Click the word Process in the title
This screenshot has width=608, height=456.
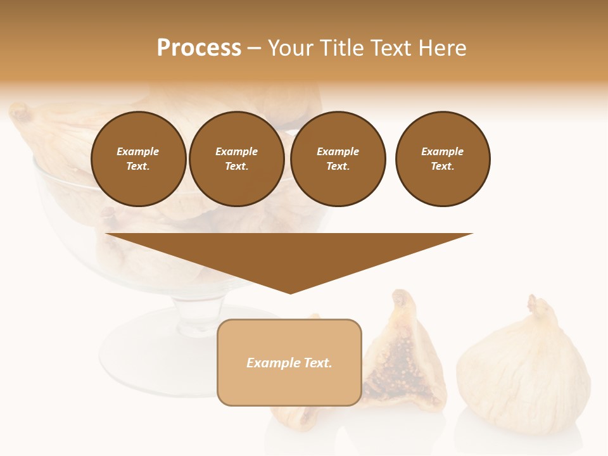click(199, 48)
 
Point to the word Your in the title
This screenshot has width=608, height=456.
click(292, 48)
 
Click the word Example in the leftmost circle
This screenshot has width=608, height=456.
click(138, 151)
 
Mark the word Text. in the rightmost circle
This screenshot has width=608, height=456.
click(442, 166)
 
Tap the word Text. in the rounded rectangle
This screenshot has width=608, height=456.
click(317, 363)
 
